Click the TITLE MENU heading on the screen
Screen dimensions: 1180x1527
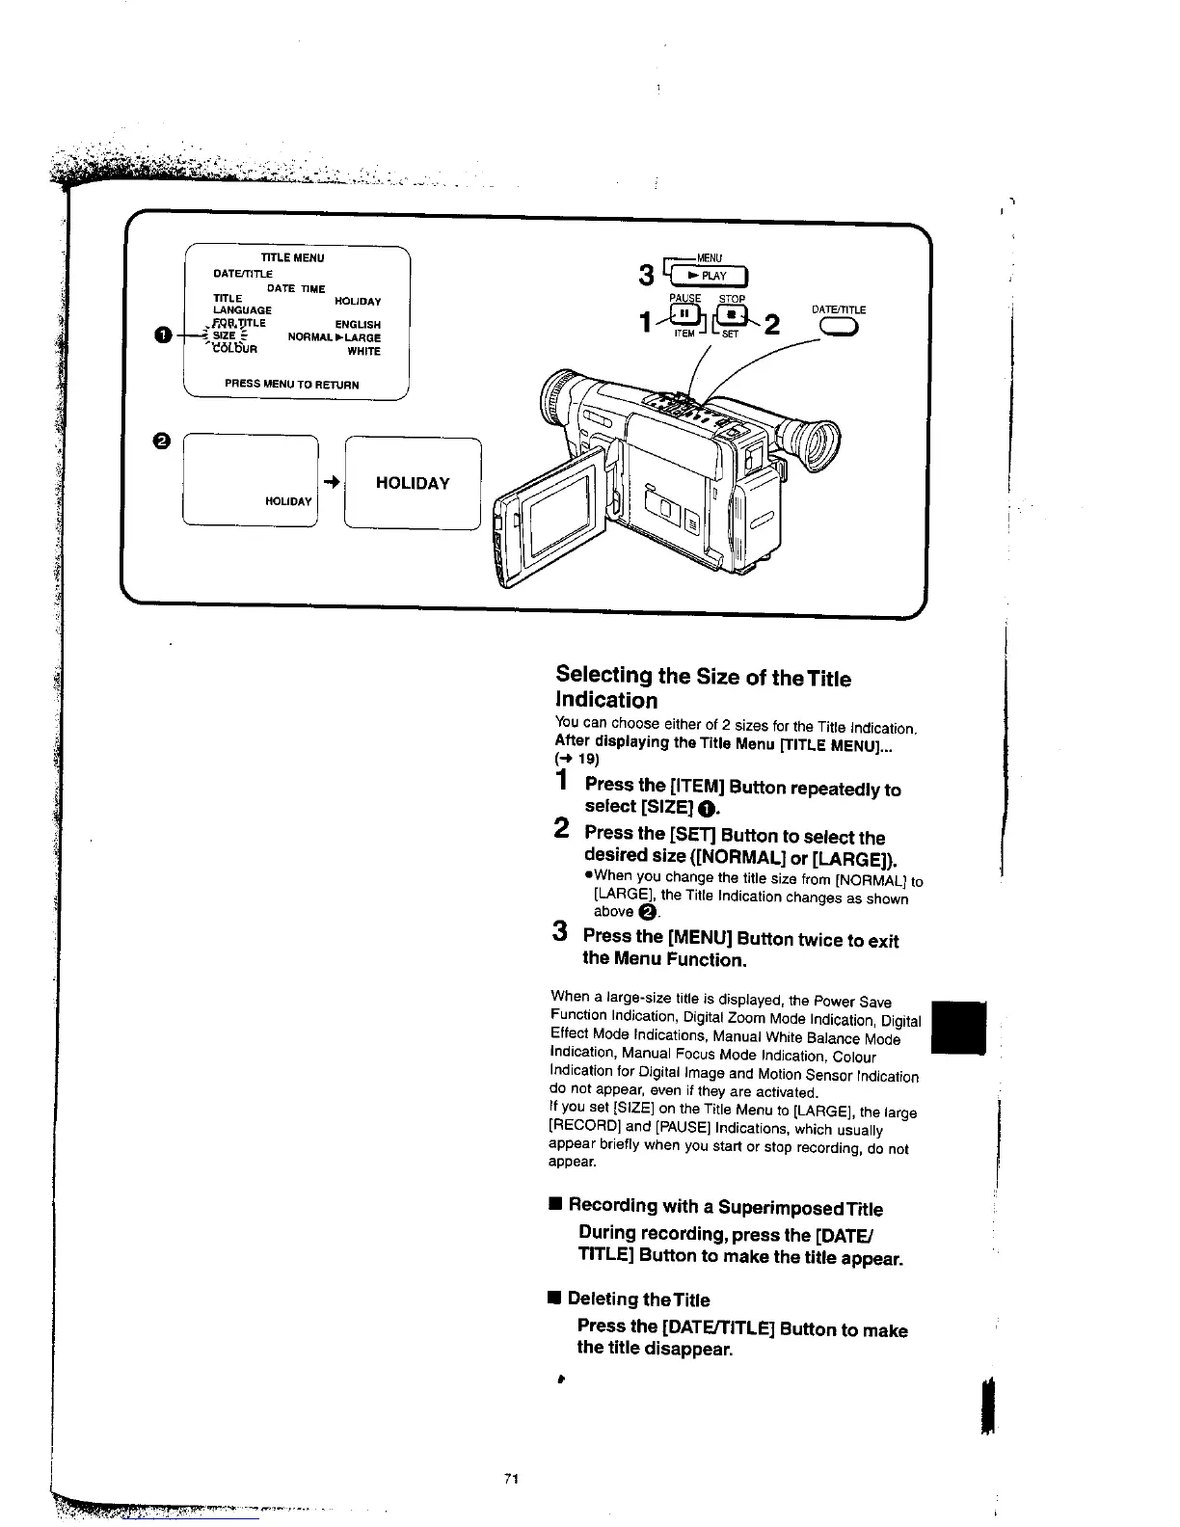coord(293,257)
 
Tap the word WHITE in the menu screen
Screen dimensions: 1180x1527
coord(364,352)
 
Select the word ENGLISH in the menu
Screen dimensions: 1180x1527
coord(358,325)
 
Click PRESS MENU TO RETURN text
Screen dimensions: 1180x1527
coord(292,385)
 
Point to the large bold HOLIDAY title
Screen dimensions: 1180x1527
coord(413,483)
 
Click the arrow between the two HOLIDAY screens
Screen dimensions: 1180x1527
coord(330,482)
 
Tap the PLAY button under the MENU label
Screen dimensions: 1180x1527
coord(711,276)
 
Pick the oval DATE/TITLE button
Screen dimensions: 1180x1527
coord(837,329)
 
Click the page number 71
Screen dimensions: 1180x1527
coord(512,1479)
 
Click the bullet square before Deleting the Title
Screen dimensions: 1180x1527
coord(553,1299)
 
